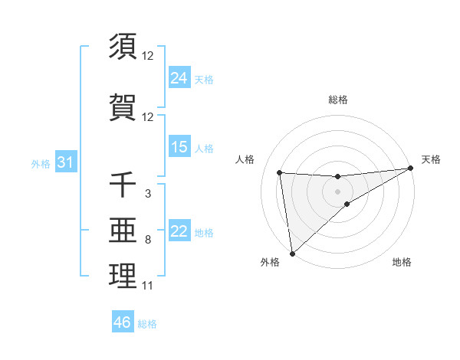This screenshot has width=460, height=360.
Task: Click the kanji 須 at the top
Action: [x=123, y=46]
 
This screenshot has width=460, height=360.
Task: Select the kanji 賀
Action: [x=123, y=107]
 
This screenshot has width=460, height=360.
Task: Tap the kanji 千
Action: [x=123, y=185]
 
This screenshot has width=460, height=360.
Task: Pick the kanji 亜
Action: [x=123, y=231]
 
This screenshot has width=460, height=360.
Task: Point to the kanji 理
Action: [x=123, y=277]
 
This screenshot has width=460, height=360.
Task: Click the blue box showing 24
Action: [x=179, y=78]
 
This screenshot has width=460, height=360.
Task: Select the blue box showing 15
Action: [x=179, y=147]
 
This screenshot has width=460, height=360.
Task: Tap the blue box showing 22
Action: [x=179, y=231]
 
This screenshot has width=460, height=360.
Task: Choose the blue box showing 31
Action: [x=64, y=162]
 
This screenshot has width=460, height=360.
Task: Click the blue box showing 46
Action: [x=123, y=322]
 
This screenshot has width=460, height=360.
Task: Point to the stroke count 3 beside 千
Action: [x=147, y=194]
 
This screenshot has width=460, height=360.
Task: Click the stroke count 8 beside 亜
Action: [x=147, y=240]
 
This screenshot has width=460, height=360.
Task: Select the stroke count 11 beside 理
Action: [x=147, y=286]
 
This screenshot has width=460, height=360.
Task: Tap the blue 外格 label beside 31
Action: [x=41, y=163]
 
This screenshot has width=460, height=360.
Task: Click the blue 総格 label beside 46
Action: [x=147, y=324]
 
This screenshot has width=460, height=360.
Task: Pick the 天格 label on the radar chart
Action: [x=432, y=159]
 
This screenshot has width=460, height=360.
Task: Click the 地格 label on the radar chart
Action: [x=402, y=262]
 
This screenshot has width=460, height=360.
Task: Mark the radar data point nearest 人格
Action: [x=280, y=172]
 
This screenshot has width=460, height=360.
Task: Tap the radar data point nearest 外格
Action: [x=292, y=253]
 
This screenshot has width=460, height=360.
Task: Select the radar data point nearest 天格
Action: [x=412, y=169]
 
